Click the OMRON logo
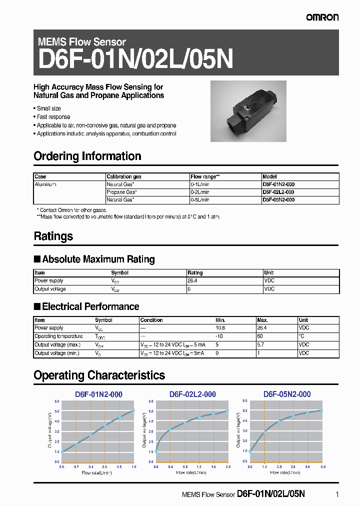pos(322,17)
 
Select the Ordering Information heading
pos(87,156)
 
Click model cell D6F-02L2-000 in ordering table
pos(278,192)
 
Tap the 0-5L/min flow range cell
pos(200,199)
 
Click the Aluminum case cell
pos(45,184)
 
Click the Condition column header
pos(151,320)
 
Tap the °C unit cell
pos(301,336)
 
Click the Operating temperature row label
pos(58,336)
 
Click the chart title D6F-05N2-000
pos(287,394)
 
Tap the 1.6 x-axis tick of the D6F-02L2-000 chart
pos(213,466)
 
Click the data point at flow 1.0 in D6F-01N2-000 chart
pos(134,410)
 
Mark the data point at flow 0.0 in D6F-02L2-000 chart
pos(156,451)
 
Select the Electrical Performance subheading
pos(90,306)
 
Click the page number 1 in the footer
pos(337,494)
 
